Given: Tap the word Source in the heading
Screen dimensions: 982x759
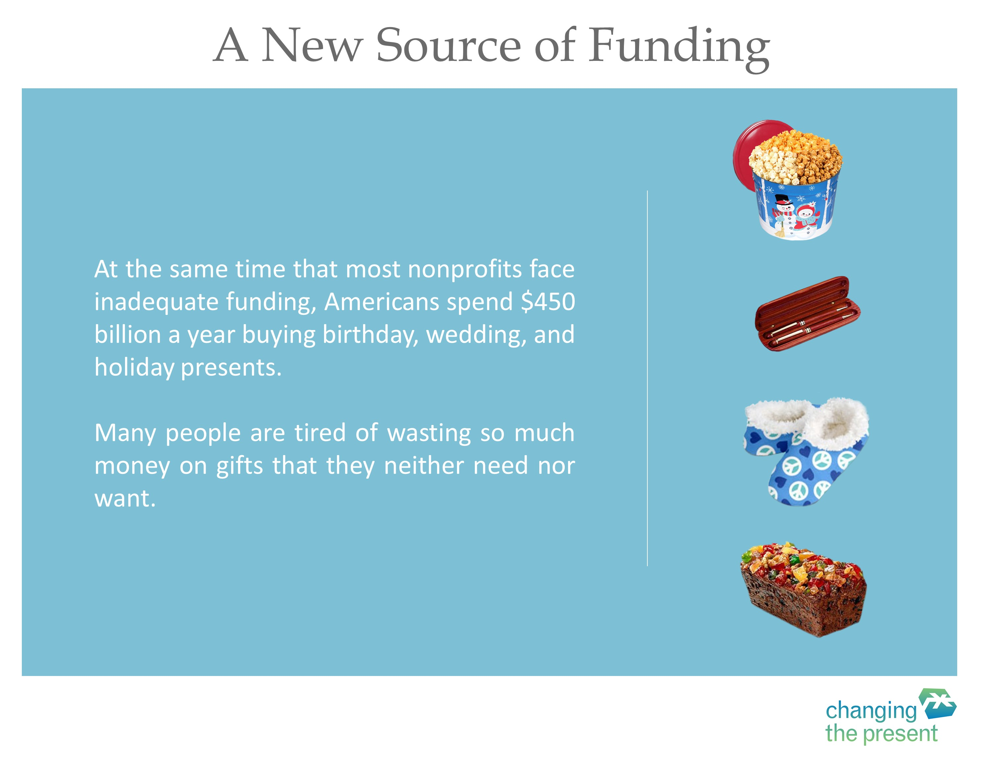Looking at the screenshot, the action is pyautogui.click(x=448, y=45).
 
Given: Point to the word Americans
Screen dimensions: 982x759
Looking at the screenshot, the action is pyautogui.click(x=381, y=302).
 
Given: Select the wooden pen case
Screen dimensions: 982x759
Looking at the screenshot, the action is pyautogui.click(x=807, y=314).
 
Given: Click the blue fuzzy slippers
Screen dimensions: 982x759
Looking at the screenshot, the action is pyautogui.click(x=806, y=451).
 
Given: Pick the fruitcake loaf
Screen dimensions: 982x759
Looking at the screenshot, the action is pyautogui.click(x=803, y=589).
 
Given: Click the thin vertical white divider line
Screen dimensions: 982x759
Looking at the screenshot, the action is pyautogui.click(x=647, y=378).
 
